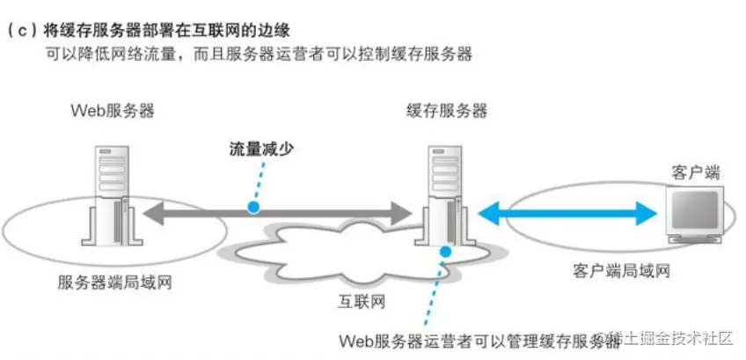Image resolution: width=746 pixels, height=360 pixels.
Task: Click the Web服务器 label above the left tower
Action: (x=113, y=112)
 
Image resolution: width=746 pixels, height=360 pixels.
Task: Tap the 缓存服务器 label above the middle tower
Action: (x=446, y=112)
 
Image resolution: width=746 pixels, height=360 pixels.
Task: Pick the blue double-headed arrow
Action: (x=571, y=212)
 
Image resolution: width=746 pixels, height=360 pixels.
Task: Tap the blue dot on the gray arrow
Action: (x=254, y=208)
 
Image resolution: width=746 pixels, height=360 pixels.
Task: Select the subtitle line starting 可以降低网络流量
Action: (x=260, y=55)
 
